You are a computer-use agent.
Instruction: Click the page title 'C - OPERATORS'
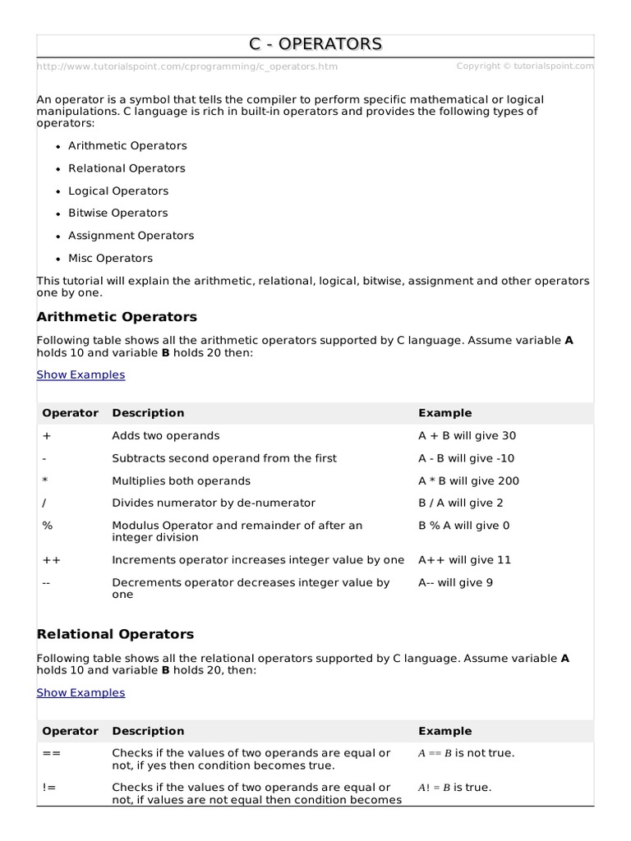(315, 44)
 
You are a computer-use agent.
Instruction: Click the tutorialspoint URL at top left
(187, 67)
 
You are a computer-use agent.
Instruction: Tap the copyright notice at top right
(524, 66)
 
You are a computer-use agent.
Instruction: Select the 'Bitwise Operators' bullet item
(117, 213)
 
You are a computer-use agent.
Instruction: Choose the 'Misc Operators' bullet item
(110, 258)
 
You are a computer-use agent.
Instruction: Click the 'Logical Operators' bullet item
(118, 191)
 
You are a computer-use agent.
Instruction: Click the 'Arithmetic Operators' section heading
(117, 317)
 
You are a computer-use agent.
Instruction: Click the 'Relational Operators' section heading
(115, 634)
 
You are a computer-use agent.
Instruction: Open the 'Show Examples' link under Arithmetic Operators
(81, 375)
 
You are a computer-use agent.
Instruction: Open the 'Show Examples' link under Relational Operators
(81, 692)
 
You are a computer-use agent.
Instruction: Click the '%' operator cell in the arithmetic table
(47, 526)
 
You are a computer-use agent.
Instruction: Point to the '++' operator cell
(51, 560)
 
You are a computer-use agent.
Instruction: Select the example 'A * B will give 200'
(468, 481)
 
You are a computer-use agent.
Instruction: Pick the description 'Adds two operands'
(166, 436)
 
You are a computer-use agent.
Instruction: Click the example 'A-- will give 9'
(455, 582)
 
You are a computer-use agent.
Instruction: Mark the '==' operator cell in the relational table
(51, 753)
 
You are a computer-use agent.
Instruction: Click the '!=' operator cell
(49, 788)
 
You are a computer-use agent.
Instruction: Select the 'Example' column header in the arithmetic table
(444, 413)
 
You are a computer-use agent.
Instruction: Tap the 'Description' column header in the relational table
(148, 731)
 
